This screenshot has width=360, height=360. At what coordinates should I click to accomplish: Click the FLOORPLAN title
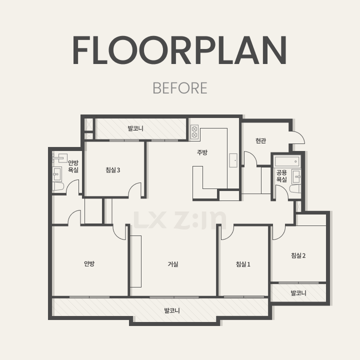[179, 50]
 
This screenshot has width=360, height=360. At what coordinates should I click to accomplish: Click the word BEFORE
[180, 88]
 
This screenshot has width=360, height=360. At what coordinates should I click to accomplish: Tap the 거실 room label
[173, 264]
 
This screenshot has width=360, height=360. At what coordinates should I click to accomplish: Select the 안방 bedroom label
[89, 263]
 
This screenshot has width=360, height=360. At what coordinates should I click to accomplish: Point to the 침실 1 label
[243, 264]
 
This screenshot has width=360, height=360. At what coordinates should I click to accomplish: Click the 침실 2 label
[298, 255]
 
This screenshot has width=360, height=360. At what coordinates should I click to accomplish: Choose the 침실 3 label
[112, 170]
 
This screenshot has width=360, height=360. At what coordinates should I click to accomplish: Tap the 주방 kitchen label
[202, 152]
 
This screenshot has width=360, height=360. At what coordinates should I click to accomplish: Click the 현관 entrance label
[260, 140]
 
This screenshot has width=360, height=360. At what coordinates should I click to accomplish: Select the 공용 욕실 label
[281, 176]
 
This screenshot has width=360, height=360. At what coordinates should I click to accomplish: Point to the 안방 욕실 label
[73, 166]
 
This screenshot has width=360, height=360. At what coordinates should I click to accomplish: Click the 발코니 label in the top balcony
[135, 128]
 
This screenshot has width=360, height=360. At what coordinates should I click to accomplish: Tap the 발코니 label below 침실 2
[298, 292]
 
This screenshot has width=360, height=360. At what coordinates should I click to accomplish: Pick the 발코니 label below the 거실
[172, 310]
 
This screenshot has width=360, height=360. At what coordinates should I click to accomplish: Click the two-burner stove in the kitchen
[194, 132]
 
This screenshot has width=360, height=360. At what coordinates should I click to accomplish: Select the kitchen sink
[233, 160]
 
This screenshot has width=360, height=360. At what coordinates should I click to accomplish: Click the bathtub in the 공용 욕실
[287, 161]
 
